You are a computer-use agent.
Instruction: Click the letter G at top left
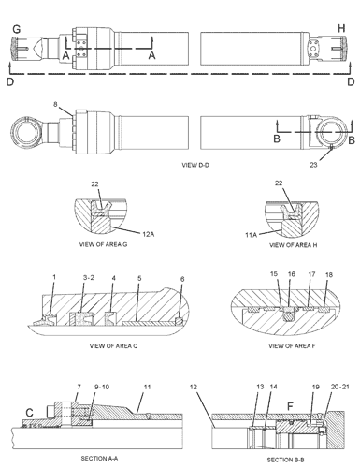coord(15,29)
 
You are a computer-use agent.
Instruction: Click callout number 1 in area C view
coord(54,277)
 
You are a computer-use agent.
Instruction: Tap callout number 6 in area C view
coord(183,279)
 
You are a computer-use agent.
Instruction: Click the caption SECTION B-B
coord(277,460)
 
